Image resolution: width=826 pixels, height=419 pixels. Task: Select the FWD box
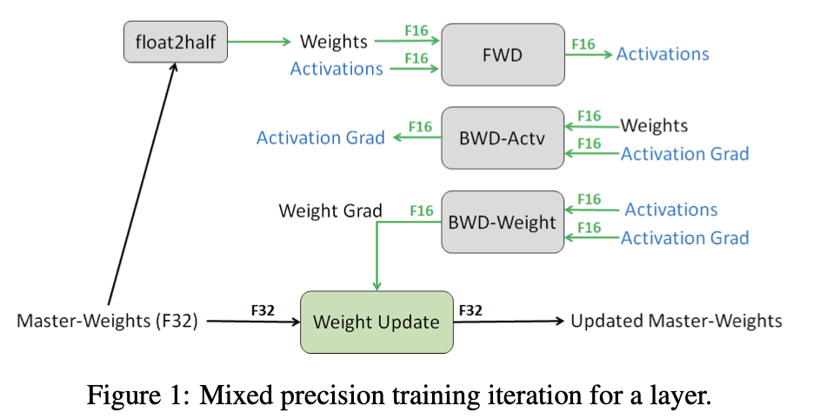(x=503, y=54)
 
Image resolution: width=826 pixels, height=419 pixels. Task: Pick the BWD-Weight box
(x=503, y=222)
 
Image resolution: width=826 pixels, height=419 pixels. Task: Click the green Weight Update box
(x=376, y=322)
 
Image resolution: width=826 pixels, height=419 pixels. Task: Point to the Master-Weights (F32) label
(x=108, y=322)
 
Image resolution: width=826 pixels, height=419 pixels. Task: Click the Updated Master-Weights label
(x=676, y=322)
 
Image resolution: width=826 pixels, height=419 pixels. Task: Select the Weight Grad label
(x=330, y=210)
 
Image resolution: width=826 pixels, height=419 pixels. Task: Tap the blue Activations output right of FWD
(x=663, y=54)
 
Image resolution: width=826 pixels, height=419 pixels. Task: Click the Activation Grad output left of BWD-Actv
(x=321, y=137)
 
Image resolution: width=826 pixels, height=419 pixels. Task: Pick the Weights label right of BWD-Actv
(x=654, y=125)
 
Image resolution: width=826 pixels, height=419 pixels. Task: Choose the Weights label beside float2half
(x=334, y=41)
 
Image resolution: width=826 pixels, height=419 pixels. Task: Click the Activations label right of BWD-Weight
(x=671, y=209)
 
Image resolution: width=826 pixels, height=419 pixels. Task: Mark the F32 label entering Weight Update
(x=264, y=309)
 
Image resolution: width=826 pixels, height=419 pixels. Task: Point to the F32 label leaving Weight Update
(x=470, y=309)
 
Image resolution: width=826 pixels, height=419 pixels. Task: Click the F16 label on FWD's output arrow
(x=583, y=43)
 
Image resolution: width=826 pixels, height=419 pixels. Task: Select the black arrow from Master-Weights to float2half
(x=143, y=183)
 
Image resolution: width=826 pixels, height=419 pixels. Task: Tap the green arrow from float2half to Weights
(x=261, y=40)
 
